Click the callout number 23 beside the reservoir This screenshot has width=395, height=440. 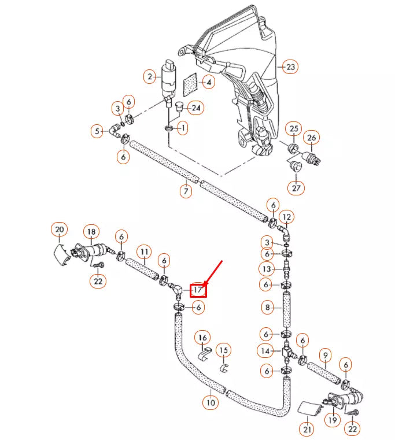pos(290,67)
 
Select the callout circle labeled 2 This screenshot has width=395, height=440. pos(150,76)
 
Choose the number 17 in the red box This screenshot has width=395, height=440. pos(198,289)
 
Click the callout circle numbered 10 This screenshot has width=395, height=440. pos(211,402)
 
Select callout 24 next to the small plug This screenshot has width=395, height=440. pos(197,108)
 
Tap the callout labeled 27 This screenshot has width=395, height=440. pos(296,188)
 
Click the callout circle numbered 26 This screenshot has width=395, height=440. pos(312,138)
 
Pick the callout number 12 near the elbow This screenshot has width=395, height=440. pos(286,217)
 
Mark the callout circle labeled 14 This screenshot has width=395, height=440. pos(266,350)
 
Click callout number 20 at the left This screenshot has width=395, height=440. pos(59,230)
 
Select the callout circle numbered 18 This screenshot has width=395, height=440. pos(91,232)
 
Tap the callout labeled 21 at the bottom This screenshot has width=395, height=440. pos(306,429)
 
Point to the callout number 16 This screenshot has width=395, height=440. pos(202,338)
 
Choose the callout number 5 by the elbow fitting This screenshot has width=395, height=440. pos(97,131)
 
